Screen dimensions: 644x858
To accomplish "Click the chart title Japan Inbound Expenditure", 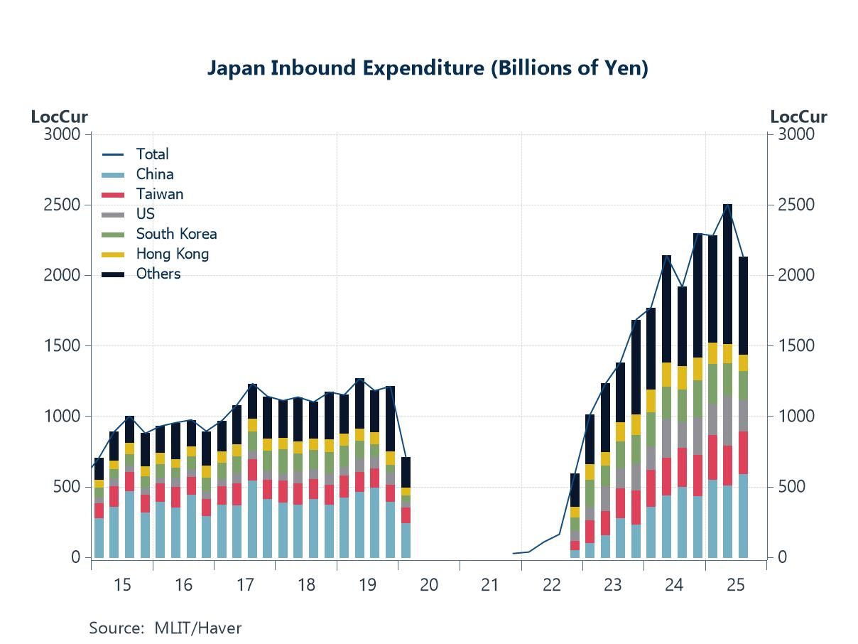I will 428,68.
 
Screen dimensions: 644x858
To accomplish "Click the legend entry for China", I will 154,174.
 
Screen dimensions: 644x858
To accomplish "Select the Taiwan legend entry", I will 159,194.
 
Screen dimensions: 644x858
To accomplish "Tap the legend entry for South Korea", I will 176,234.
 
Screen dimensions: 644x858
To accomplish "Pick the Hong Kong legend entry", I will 172,254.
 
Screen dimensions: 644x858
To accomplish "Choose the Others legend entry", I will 158,274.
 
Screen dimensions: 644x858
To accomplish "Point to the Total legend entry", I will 152,154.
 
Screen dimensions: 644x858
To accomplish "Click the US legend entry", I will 145,214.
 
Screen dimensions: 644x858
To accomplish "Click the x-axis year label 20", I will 429,585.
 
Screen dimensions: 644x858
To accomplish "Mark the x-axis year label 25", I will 736,585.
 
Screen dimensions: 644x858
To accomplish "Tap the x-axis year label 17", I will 245,585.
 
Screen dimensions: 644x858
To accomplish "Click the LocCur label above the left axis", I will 59,117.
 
